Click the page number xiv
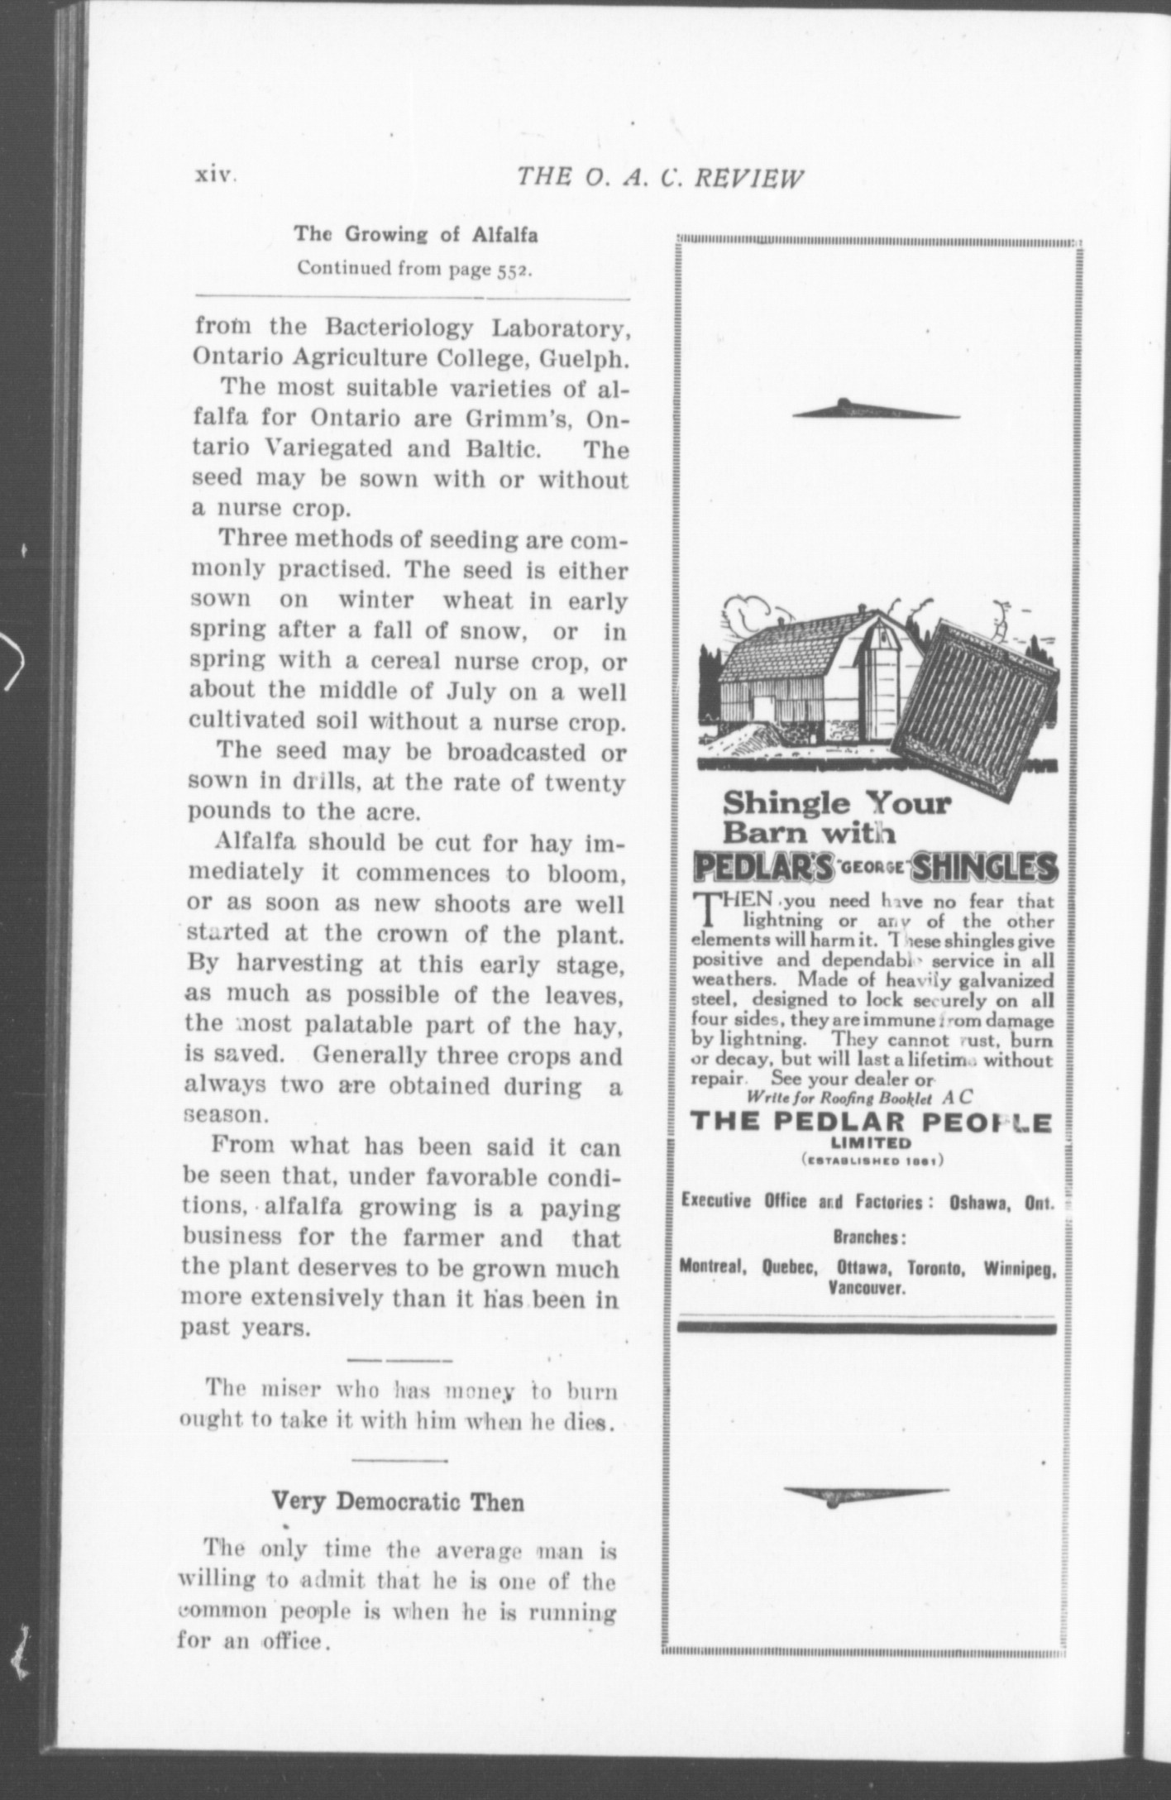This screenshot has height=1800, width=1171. [216, 175]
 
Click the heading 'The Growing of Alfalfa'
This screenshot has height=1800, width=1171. [416, 235]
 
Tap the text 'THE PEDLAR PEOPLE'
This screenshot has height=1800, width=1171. [870, 1123]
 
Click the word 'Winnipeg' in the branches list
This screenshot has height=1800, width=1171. [1020, 1268]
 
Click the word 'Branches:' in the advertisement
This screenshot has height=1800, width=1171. [866, 1237]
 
